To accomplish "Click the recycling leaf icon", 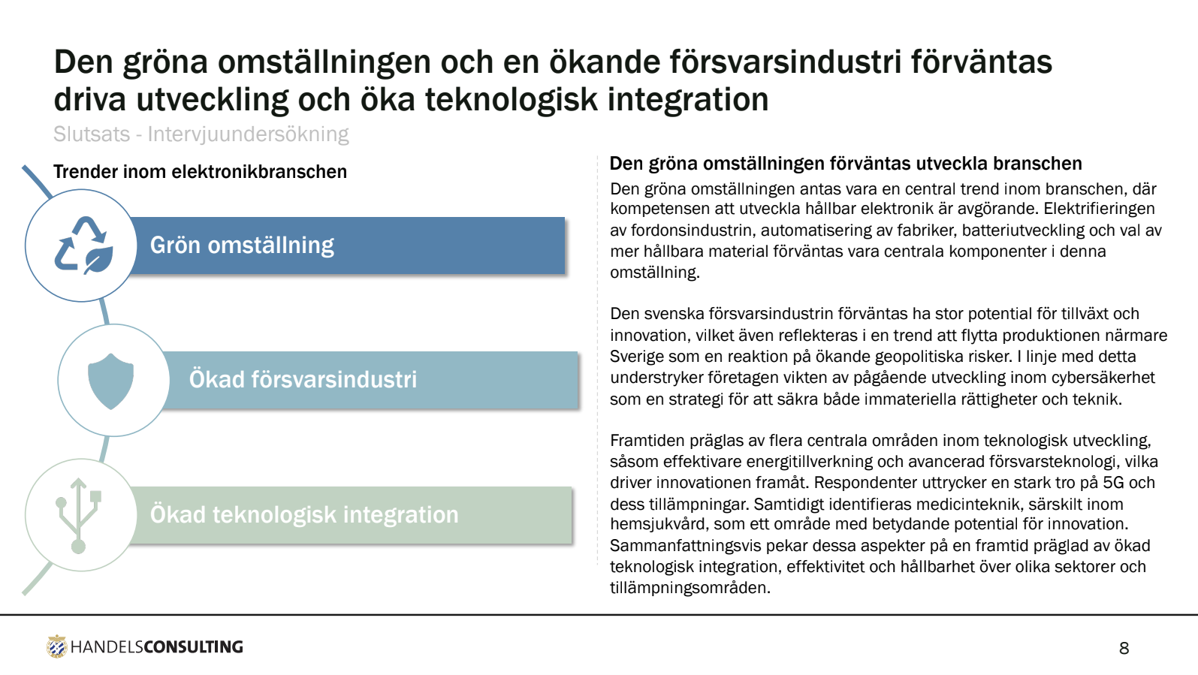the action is [x=84, y=246].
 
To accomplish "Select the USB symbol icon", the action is [x=79, y=515].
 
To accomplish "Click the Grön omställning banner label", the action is [x=242, y=246].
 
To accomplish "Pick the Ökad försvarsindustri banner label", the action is [x=303, y=379].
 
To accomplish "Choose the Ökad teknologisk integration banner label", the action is [x=303, y=514].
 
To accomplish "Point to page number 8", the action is [x=1124, y=648].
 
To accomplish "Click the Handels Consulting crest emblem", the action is [x=56, y=646].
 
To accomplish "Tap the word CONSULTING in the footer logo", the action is [x=193, y=646].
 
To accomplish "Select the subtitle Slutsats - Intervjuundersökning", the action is [x=201, y=134].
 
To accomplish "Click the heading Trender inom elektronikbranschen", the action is [x=200, y=171].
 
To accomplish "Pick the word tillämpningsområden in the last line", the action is [x=690, y=588].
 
